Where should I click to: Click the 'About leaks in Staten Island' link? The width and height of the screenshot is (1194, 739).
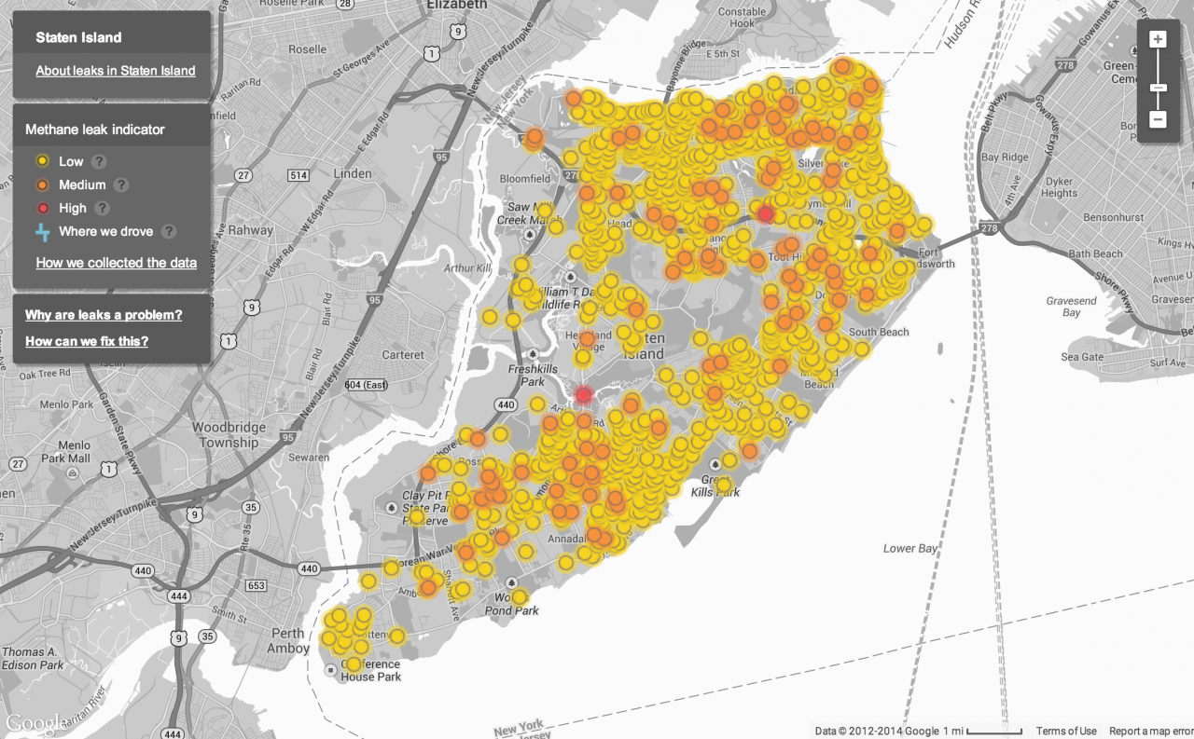(x=116, y=71)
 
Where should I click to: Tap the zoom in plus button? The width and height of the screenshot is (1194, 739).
(x=1158, y=39)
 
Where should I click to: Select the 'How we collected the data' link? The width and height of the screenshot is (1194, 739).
(x=116, y=263)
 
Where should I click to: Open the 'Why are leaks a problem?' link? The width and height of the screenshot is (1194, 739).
(x=104, y=315)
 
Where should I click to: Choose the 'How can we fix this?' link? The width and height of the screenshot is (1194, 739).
(x=87, y=341)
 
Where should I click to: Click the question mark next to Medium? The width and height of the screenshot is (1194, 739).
(x=121, y=185)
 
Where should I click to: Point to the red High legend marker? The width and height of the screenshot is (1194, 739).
(x=42, y=208)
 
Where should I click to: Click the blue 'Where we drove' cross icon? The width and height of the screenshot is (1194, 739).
(x=42, y=232)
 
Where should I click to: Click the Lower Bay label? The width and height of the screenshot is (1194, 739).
(x=910, y=549)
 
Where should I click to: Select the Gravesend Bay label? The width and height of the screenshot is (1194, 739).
(x=1071, y=307)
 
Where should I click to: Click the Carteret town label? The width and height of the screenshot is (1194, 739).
(x=402, y=354)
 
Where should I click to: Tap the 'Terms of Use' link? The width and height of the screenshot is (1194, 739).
(x=1066, y=732)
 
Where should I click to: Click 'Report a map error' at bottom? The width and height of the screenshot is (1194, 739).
(x=1150, y=732)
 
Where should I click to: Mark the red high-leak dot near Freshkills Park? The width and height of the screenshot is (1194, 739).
(x=584, y=395)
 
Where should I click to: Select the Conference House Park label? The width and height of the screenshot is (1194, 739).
(x=370, y=671)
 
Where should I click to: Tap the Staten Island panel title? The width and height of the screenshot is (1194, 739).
(x=78, y=38)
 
